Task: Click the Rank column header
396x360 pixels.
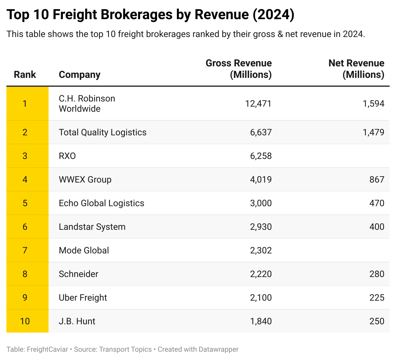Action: pyautogui.click(x=25, y=74)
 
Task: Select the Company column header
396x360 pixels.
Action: pyautogui.click(x=80, y=74)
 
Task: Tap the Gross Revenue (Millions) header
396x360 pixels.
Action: pyautogui.click(x=239, y=69)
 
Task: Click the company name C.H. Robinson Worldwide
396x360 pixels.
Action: pyautogui.click(x=87, y=103)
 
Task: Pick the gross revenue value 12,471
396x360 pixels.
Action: pyautogui.click(x=258, y=103)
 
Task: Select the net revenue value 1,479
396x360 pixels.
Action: pyautogui.click(x=373, y=132)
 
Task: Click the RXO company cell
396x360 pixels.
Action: pyautogui.click(x=67, y=156)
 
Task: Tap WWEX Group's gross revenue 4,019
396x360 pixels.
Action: pyautogui.click(x=261, y=179)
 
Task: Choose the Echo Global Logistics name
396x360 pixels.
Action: pyautogui.click(x=102, y=203)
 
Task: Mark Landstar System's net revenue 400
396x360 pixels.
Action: pyautogui.click(x=377, y=227)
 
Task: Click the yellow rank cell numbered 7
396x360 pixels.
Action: pyautogui.click(x=25, y=250)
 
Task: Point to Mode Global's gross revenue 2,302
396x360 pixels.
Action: pyautogui.click(x=261, y=250)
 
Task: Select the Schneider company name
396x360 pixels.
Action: pyautogui.click(x=79, y=274)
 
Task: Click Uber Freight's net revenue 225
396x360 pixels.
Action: pyautogui.click(x=377, y=297)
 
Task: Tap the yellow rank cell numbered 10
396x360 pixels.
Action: pyautogui.click(x=25, y=321)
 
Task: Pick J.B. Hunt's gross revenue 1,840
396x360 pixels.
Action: pyautogui.click(x=261, y=321)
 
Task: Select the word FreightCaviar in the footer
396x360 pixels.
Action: pyautogui.click(x=47, y=349)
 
